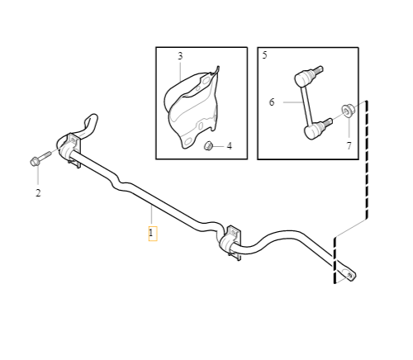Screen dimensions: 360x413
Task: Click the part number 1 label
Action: pyautogui.click(x=152, y=234)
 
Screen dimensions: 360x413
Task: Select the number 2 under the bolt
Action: pyautogui.click(x=37, y=193)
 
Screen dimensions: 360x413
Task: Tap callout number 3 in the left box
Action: pyautogui.click(x=180, y=56)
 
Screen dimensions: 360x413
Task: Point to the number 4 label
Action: pyautogui.click(x=229, y=146)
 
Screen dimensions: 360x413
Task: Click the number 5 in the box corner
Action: pyautogui.click(x=264, y=55)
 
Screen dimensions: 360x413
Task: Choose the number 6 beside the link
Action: pyautogui.click(x=271, y=102)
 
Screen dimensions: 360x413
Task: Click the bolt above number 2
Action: pyautogui.click(x=39, y=159)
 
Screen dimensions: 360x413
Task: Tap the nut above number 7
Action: pyautogui.click(x=348, y=107)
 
